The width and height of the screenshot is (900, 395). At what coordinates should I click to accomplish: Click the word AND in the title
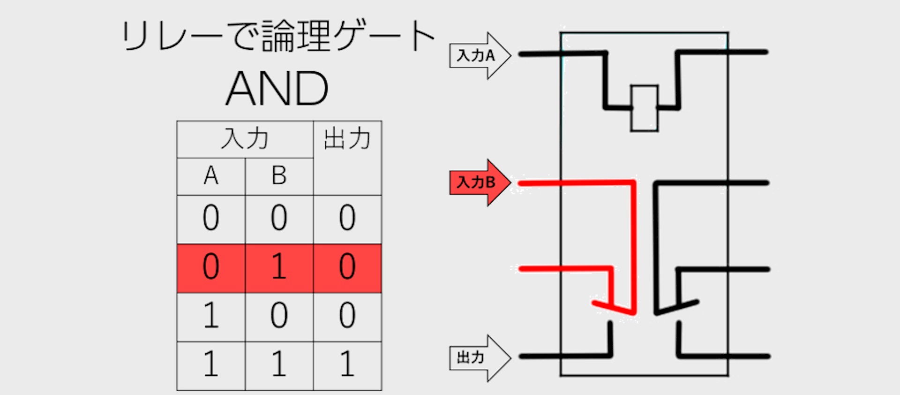click(277, 89)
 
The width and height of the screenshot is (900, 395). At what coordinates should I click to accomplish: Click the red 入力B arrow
click(478, 182)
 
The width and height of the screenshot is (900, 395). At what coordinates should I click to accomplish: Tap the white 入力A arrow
click(478, 56)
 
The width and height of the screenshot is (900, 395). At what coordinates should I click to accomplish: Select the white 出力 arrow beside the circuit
click(478, 358)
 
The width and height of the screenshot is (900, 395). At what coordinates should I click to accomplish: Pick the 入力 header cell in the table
click(245, 139)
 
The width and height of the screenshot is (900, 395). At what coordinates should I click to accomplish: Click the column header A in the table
click(211, 176)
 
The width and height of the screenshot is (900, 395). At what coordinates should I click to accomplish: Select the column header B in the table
click(279, 176)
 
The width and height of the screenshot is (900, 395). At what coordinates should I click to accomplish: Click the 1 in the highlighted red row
click(279, 266)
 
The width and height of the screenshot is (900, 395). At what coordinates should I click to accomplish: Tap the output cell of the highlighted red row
click(347, 266)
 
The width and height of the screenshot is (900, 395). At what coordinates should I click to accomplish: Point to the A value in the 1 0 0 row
click(211, 315)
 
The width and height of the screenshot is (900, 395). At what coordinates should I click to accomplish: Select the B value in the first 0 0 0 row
click(279, 218)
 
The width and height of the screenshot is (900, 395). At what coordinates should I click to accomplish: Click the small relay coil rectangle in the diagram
click(644, 108)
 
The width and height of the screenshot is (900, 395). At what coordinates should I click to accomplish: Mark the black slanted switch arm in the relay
click(677, 307)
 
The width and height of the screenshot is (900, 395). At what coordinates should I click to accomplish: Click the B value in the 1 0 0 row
click(279, 315)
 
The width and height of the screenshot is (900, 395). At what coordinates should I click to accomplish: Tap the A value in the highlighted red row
click(211, 266)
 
